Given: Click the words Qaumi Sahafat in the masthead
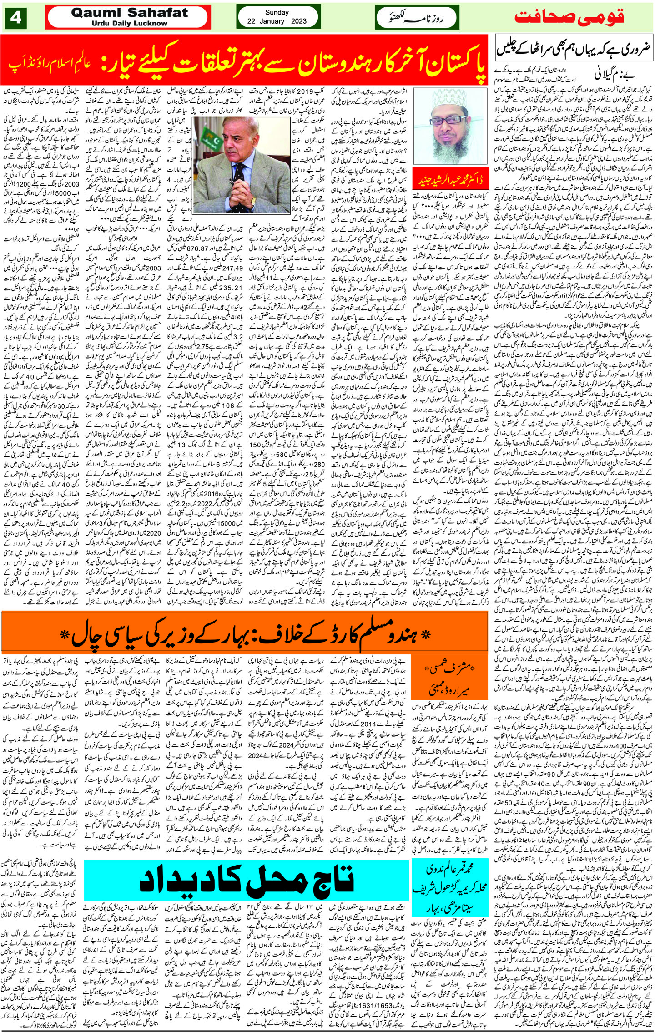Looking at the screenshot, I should (x=129, y=13).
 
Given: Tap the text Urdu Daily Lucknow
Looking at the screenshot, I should (x=129, y=23).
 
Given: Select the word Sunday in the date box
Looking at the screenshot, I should (x=277, y=12).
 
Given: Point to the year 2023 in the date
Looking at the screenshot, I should (x=298, y=21).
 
